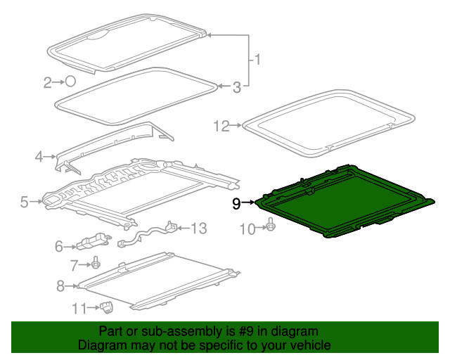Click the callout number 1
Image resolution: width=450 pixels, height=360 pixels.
pos(257,60)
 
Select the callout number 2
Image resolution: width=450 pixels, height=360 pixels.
pos(49,83)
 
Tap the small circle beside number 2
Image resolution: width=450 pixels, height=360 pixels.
pos(70,82)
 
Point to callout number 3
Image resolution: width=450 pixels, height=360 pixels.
pos(237,87)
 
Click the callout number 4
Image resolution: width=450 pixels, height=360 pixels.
pos(39,156)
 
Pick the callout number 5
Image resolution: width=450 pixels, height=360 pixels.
pos(25,202)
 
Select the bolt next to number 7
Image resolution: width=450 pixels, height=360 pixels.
pos(94,264)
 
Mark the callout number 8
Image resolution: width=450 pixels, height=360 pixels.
pos(60,285)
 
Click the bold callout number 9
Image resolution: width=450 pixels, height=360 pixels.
pos(236,204)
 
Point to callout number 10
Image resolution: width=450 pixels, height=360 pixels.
pos(247,228)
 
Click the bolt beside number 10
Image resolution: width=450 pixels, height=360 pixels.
pos(271,226)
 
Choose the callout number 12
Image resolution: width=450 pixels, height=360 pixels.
pos(221,126)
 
